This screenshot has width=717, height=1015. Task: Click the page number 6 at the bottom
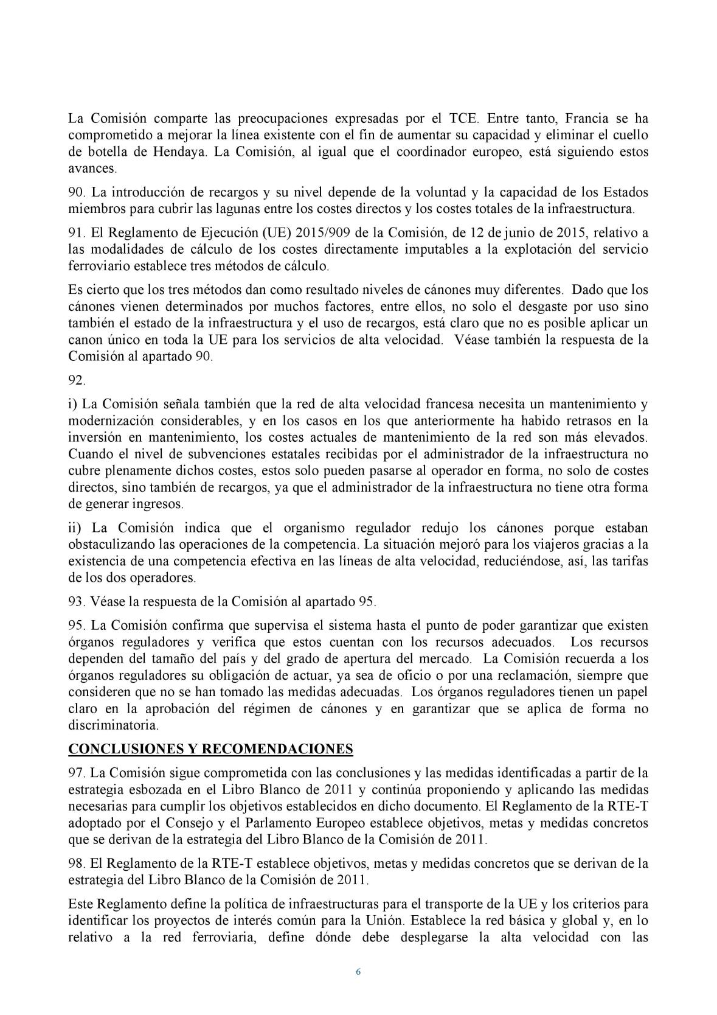click(358, 972)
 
